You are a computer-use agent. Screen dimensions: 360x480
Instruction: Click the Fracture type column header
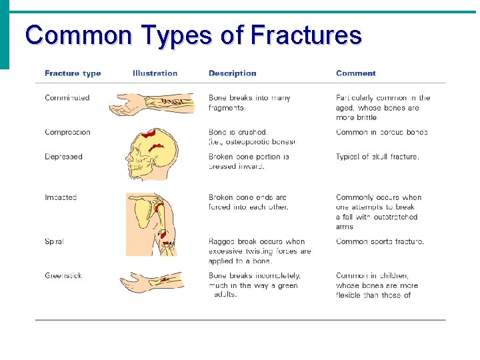tap(73, 73)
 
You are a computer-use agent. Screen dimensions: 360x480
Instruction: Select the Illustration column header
tap(155, 73)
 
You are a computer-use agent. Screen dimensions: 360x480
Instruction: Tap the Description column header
tap(232, 73)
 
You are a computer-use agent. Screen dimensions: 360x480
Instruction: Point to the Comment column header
tap(355, 73)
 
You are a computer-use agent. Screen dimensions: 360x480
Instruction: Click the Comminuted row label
tap(67, 98)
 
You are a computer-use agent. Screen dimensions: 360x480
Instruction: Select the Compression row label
tap(67, 132)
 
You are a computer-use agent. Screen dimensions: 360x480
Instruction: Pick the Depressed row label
tap(63, 157)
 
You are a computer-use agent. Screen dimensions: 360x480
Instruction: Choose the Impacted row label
tap(61, 197)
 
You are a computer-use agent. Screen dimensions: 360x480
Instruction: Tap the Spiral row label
tap(54, 241)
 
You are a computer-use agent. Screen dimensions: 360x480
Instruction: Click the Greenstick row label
tap(63, 275)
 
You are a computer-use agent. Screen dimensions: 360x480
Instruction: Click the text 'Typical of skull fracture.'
tap(377, 157)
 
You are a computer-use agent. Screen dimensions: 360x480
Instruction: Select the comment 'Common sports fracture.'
tap(379, 241)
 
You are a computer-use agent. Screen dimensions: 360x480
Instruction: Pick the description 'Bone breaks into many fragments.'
tap(249, 103)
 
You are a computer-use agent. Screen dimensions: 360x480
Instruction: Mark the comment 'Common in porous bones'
tap(381, 132)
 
